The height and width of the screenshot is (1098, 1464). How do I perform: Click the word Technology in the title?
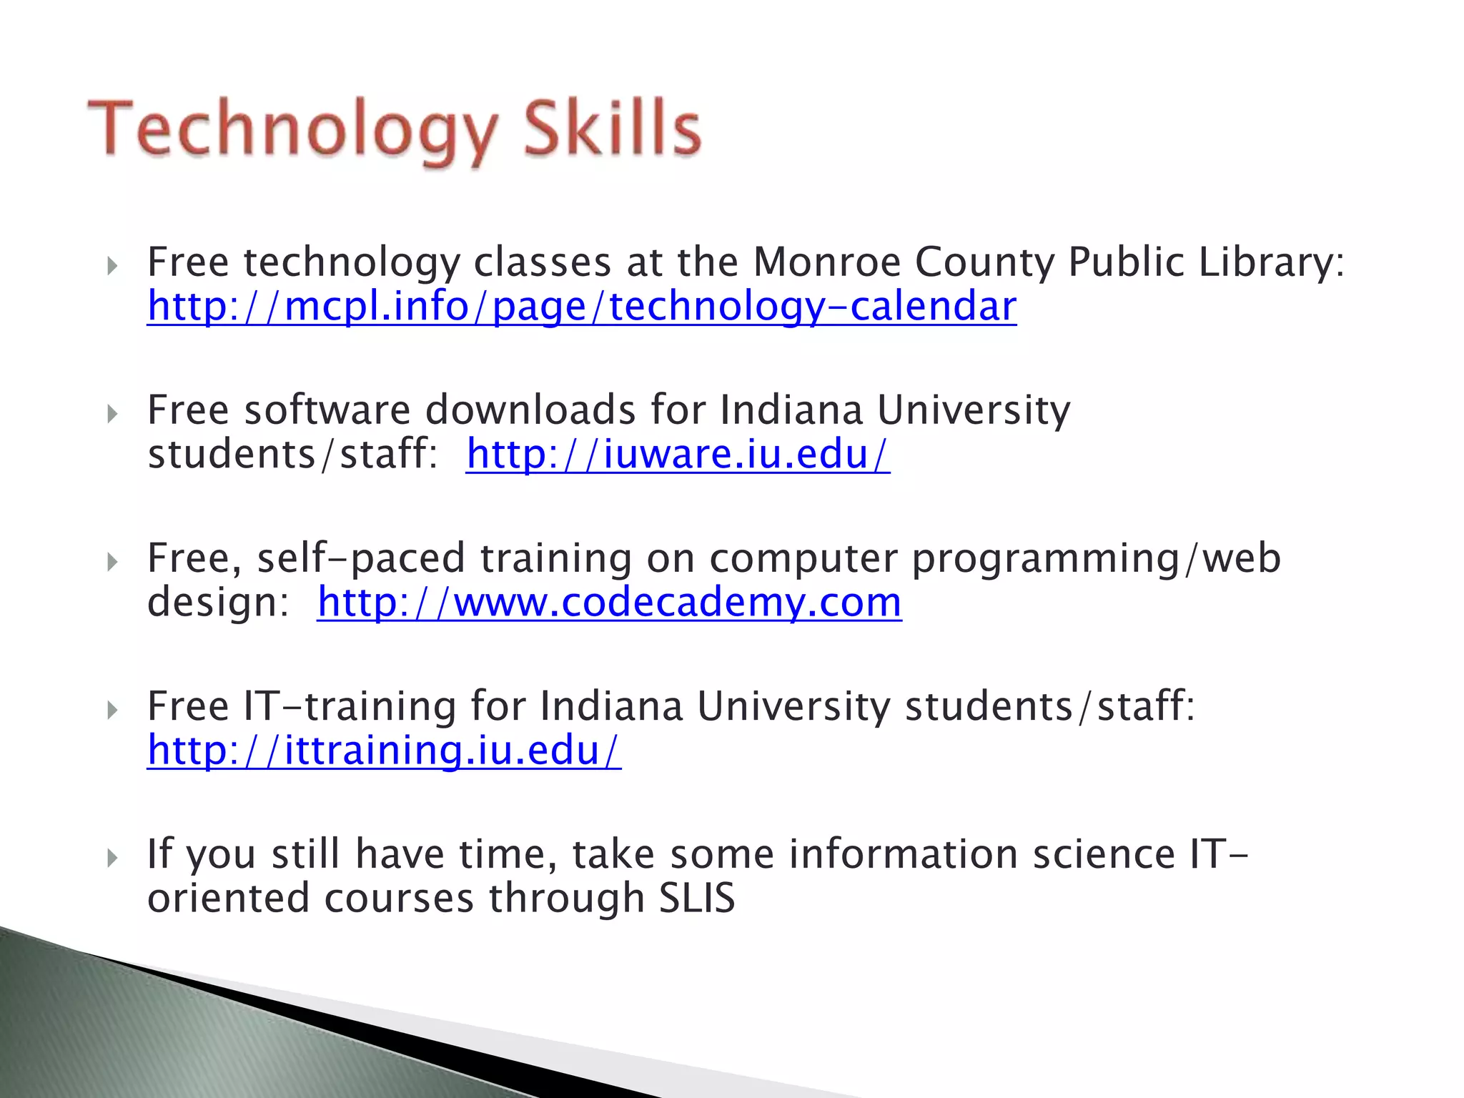pos(293,130)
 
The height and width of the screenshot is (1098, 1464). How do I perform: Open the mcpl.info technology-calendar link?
pos(582,307)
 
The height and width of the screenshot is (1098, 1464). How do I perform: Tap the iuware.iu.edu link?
pos(678,455)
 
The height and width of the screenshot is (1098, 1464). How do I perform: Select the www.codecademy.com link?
pos(609,603)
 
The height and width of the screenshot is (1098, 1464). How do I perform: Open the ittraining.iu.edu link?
pos(384,751)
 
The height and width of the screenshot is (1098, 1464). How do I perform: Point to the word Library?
pos(1272,262)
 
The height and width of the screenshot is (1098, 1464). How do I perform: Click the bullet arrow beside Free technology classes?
pos(112,267)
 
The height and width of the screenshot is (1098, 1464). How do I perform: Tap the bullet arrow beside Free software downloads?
pos(112,414)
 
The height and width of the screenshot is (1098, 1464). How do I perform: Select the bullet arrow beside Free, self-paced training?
pos(112,562)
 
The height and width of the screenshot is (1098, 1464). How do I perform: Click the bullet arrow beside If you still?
pos(112,858)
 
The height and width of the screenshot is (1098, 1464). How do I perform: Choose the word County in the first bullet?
pos(984,262)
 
